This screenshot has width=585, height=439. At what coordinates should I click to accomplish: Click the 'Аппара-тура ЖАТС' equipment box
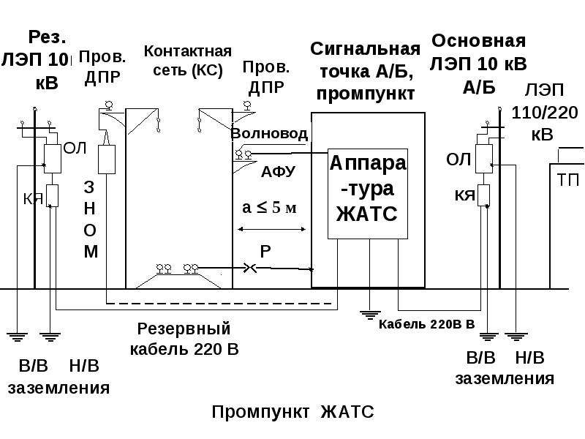[x=368, y=193]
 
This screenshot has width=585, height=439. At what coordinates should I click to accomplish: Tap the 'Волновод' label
[x=269, y=134]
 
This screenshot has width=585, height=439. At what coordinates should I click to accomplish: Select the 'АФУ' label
[x=278, y=172]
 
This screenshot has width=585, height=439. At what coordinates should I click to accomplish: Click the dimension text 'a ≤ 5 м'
[x=269, y=207]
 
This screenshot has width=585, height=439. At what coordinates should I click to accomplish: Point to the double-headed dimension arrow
[x=271, y=229]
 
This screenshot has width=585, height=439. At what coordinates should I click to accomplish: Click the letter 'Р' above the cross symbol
[x=265, y=252]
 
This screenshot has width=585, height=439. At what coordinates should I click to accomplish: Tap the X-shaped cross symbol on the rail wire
[x=249, y=268]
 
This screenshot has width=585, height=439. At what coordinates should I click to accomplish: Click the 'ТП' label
[x=568, y=180]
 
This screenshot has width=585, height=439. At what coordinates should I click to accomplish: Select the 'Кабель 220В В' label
[x=426, y=324]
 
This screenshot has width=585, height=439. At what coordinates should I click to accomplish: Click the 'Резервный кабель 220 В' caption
[x=184, y=339]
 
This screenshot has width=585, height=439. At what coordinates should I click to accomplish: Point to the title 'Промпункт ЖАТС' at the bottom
[x=292, y=412]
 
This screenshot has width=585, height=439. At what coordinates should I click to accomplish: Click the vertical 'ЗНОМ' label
[x=90, y=219]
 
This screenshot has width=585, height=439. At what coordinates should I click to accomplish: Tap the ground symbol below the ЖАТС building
[x=369, y=315]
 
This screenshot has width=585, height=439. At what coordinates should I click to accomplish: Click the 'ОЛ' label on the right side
[x=458, y=160]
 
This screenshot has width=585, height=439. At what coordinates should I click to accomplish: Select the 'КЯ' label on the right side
[x=464, y=195]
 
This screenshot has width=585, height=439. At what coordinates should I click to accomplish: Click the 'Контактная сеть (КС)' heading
[x=188, y=61]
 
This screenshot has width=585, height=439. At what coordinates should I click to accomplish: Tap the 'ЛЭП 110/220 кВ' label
[x=544, y=113]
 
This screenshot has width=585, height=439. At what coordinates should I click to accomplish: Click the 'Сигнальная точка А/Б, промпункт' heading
[x=365, y=71]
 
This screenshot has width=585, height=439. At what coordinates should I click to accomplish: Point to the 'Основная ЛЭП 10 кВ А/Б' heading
[x=478, y=64]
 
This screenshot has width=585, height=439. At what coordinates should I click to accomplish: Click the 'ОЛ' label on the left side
[x=75, y=149]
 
